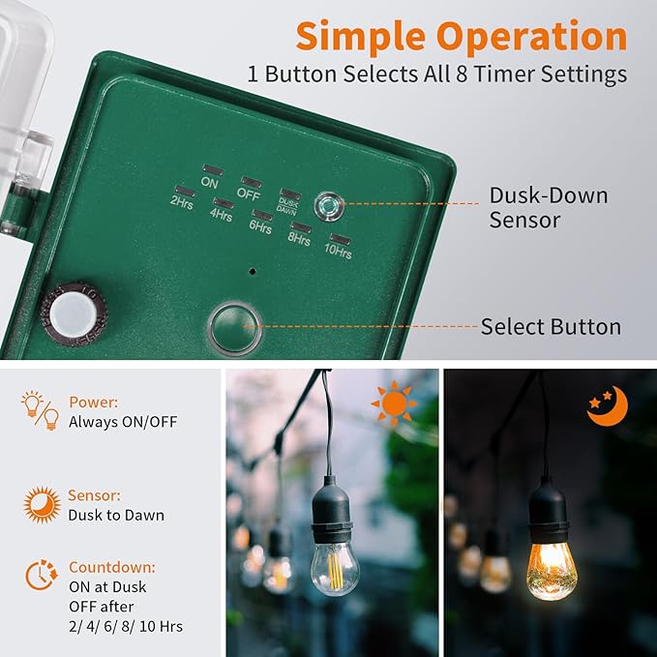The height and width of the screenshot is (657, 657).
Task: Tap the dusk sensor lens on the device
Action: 326,203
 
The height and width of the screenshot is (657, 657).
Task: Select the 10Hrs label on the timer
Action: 338,252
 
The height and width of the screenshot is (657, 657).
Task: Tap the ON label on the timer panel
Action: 209,182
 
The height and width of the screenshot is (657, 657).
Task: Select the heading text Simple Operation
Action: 461,37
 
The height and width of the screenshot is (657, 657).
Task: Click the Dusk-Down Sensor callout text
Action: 548,207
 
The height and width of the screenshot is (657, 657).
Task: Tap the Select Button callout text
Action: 551,327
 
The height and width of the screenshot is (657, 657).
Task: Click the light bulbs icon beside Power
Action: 40,410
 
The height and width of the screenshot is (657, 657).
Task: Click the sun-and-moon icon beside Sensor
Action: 41,504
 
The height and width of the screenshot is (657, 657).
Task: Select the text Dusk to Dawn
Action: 116,515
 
